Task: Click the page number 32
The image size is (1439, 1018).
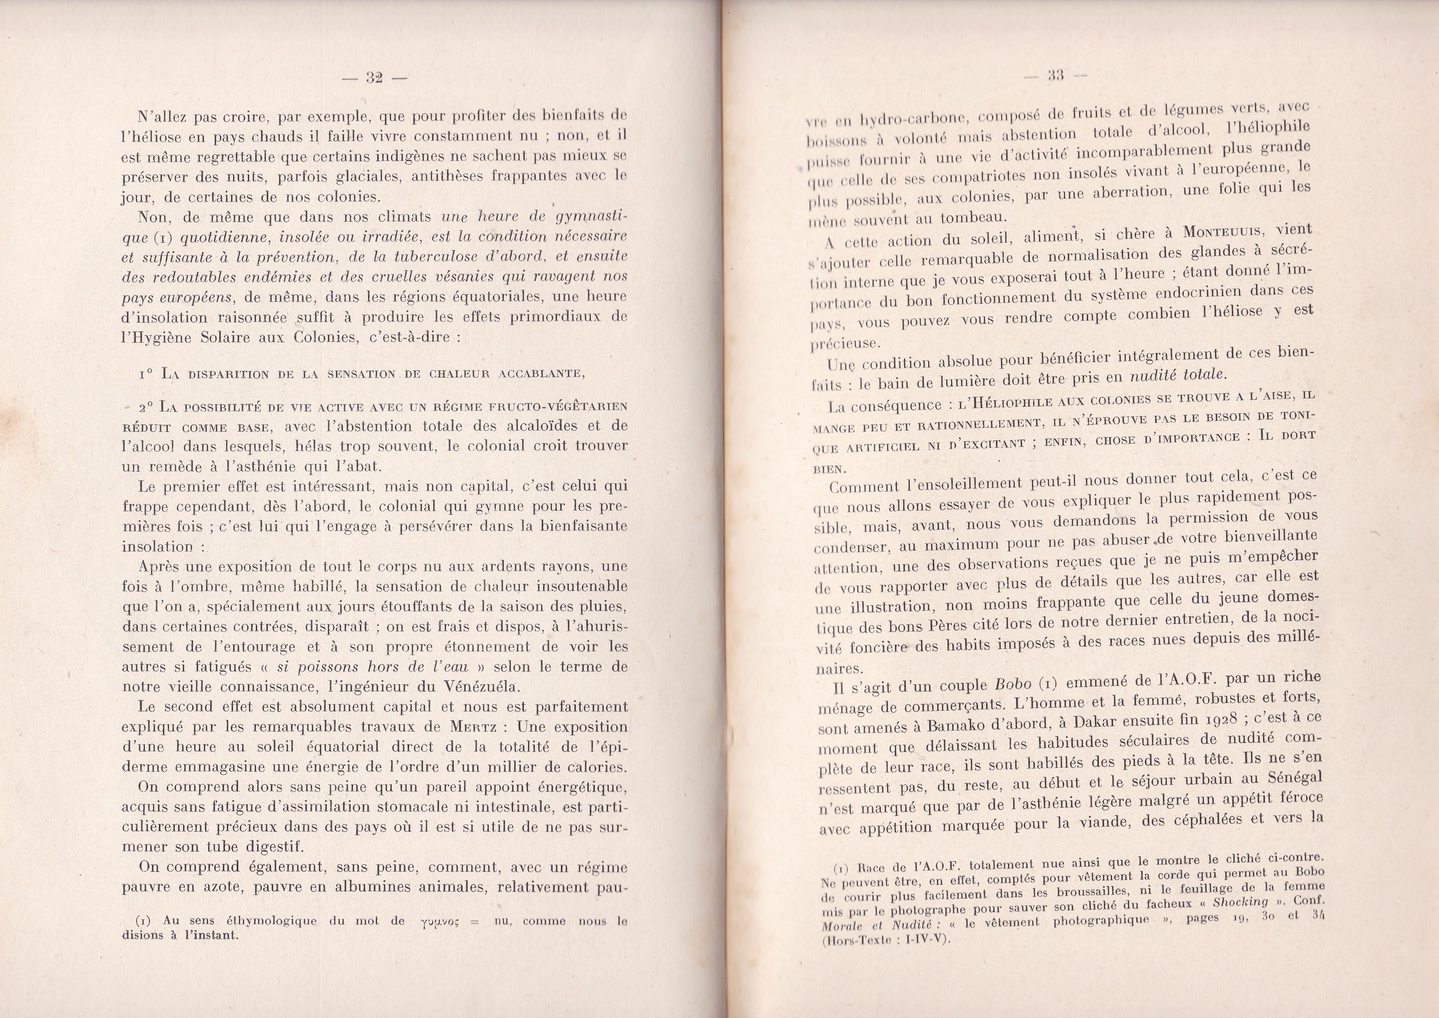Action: [375, 78]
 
